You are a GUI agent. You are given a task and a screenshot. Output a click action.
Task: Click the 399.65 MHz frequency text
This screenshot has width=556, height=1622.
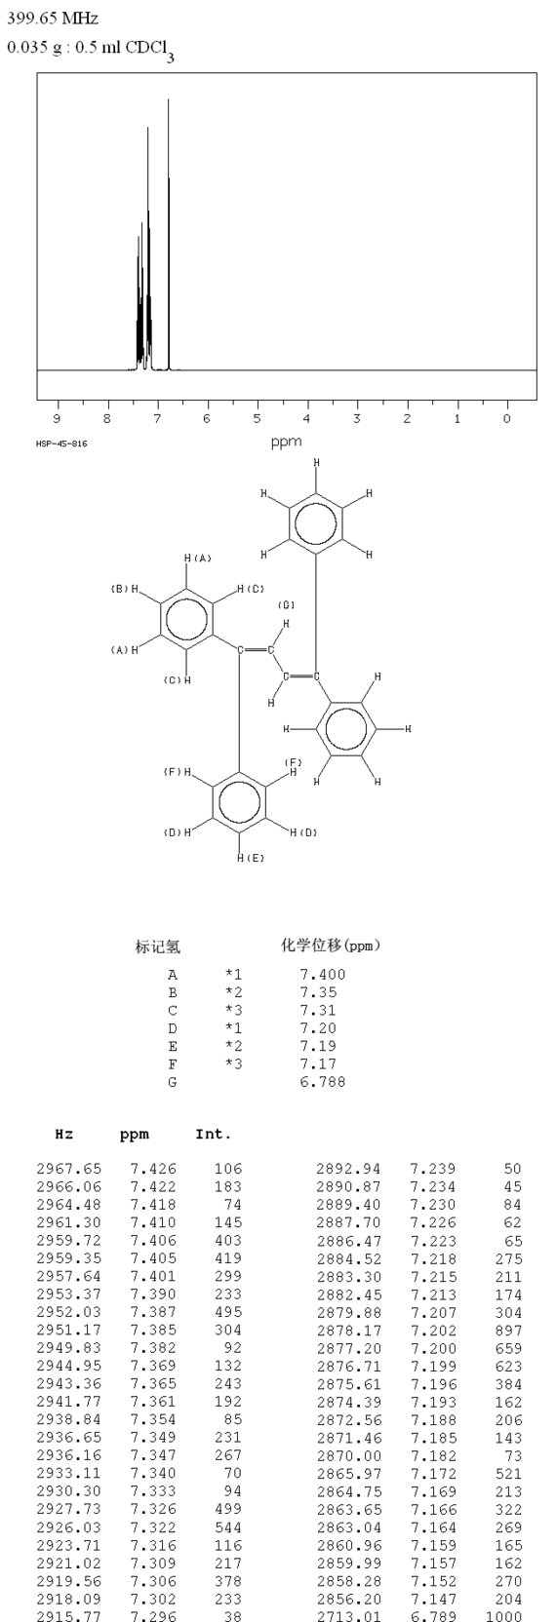coord(53,19)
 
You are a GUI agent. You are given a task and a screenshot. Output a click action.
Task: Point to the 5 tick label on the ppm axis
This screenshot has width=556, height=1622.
coord(257,418)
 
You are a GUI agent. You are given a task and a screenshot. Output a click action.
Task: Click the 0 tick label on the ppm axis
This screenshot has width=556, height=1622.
coord(506,418)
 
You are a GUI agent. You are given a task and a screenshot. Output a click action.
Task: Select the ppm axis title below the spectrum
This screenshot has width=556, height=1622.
coord(286,442)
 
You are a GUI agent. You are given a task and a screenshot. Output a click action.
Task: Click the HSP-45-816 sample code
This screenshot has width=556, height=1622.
coord(60,444)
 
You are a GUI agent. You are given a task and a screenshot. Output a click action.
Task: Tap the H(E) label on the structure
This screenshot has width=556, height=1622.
coord(251,858)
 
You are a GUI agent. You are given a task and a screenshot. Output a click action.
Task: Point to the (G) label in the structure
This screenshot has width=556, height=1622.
coord(287,604)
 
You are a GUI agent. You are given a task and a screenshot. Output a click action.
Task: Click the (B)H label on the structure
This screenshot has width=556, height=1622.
coord(124,589)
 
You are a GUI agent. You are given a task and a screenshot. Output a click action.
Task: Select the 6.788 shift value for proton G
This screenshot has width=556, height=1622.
coord(323,1082)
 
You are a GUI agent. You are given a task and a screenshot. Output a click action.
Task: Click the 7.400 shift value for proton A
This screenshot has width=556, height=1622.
coord(323,975)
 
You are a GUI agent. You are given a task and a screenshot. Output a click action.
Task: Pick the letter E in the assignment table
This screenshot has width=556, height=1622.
coord(173,1046)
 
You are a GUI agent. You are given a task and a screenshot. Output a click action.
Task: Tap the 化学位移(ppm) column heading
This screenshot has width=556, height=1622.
coord(331,946)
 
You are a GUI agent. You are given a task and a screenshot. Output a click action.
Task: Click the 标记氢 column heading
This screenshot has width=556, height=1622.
coord(157,946)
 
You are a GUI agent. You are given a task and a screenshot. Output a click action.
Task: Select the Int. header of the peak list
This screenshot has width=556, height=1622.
coord(213,1135)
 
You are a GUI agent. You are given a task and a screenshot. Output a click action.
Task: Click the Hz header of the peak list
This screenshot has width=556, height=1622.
coord(63,1135)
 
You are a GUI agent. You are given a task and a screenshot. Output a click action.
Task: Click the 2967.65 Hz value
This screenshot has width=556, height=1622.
coord(69,1169)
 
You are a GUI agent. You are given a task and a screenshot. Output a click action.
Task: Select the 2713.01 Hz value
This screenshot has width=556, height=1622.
coord(348,1616)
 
